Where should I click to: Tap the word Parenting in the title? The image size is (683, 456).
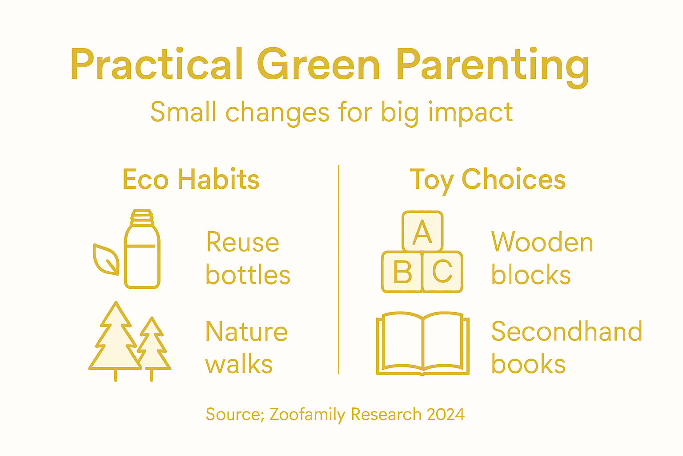(x=493, y=66)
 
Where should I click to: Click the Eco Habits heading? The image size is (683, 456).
(x=191, y=179)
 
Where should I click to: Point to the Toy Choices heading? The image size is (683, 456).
(x=487, y=180)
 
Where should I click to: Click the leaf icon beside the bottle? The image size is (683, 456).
(x=106, y=259)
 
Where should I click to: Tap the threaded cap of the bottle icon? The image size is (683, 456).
(x=142, y=217)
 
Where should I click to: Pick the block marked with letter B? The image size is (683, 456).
(x=402, y=272)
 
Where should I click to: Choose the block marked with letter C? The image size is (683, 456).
(x=443, y=272)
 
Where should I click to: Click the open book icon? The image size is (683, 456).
(x=422, y=343)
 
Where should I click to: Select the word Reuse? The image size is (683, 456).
(x=243, y=243)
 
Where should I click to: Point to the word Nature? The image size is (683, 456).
(x=246, y=332)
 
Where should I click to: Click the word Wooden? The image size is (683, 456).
(x=542, y=243)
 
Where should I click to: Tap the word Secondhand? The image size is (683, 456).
(x=566, y=332)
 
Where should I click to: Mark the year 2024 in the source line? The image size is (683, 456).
(x=446, y=415)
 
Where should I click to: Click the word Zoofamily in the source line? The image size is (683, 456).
(x=307, y=415)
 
